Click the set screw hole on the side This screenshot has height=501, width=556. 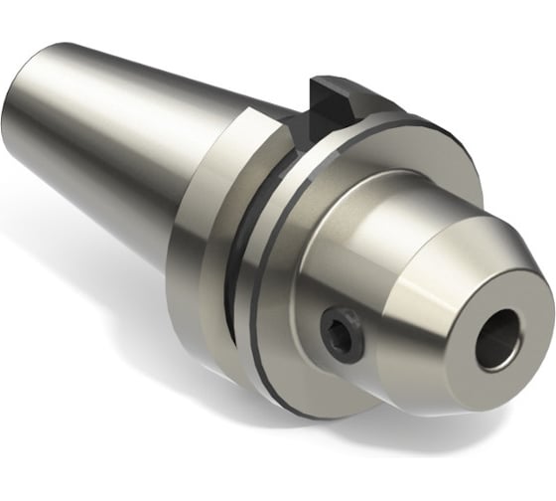pyautogui.click(x=341, y=332)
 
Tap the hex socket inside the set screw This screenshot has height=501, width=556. pyautogui.click(x=340, y=334)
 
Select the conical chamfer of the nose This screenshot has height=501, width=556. pyautogui.click(x=447, y=288)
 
